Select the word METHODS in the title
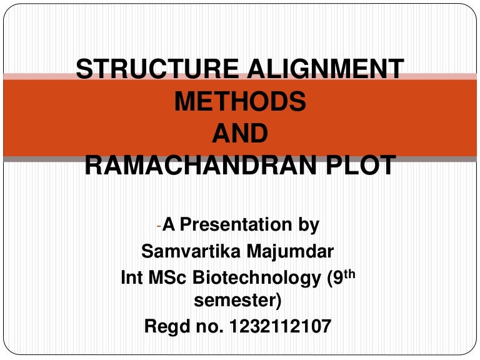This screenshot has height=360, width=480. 240,101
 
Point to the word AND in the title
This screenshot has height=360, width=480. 240,133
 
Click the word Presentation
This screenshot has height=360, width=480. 237,224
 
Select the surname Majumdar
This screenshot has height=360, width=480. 291,252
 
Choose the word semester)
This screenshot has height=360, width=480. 238,301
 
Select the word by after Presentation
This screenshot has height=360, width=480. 308,224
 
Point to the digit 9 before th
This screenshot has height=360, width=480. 342,277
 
